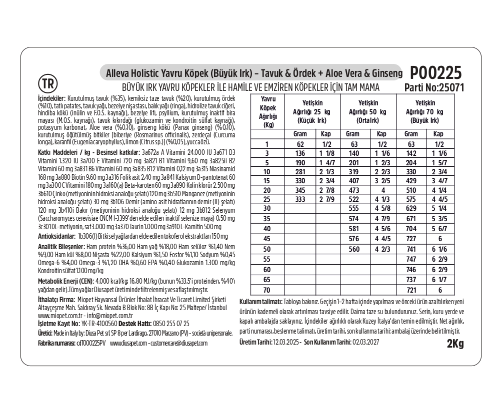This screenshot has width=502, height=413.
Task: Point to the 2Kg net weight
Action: (x=455, y=344)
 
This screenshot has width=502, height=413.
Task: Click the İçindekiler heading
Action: (x=52, y=99)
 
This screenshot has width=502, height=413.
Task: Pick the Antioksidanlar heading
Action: (x=57, y=235)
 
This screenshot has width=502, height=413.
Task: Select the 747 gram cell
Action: (x=411, y=259)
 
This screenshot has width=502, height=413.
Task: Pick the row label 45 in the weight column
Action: (x=266, y=239)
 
